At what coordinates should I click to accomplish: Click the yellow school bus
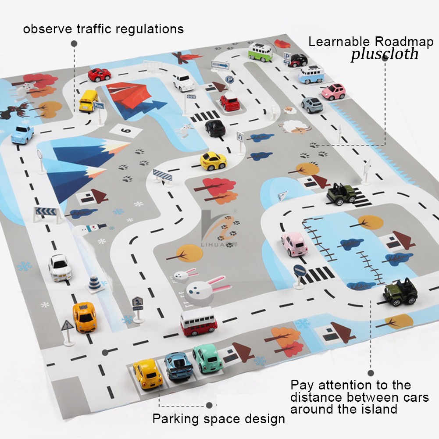pos(89,100)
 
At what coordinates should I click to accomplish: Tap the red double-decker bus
pos(198,321)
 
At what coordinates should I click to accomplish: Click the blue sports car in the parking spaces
pos(178,365)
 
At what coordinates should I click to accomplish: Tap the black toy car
pos(215,128)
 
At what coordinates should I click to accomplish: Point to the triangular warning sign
pos(68,325)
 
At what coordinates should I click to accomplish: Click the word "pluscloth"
pos(384,54)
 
